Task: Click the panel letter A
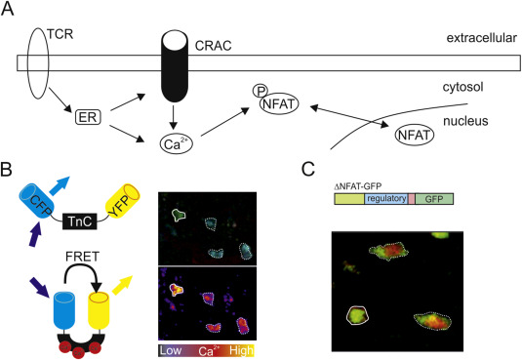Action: [x=11, y=11]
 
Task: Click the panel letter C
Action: [x=308, y=168]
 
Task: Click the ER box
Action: [x=88, y=118]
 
